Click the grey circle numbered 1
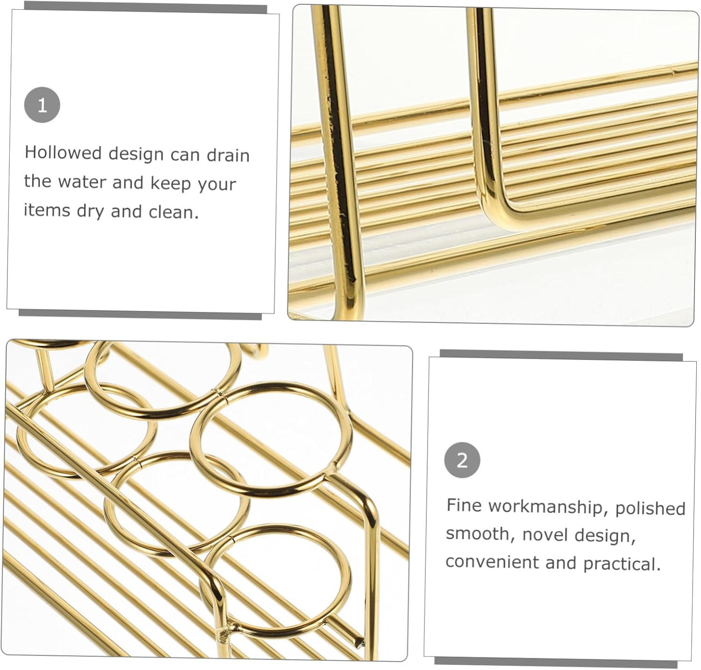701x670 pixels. [x=42, y=105]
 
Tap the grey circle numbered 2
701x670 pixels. [x=462, y=460]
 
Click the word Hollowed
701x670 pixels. [x=63, y=152]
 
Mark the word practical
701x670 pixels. [x=622, y=563]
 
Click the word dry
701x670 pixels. [x=90, y=211]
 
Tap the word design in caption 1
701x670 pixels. [x=136, y=154]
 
